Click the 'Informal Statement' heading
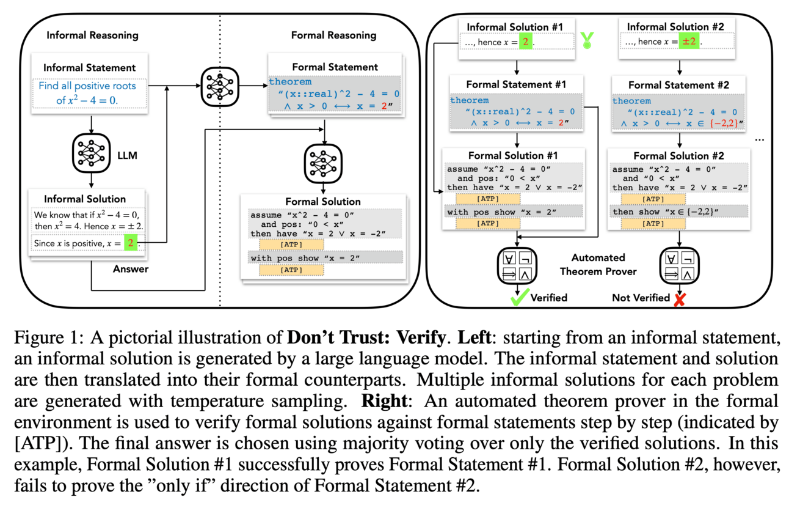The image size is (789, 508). click(x=90, y=67)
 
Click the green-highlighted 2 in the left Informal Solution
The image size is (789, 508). click(x=129, y=244)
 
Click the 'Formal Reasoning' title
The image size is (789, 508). click(x=334, y=35)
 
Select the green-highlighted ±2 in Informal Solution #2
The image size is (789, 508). click(x=693, y=42)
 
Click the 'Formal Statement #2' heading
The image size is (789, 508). click(x=678, y=85)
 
